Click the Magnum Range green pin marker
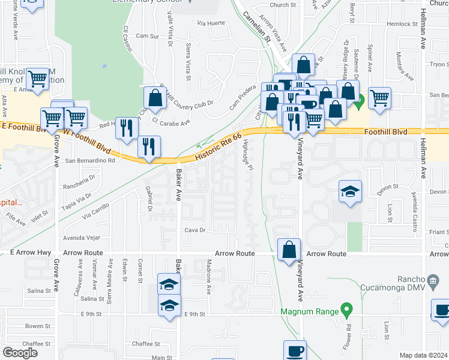click(345, 310)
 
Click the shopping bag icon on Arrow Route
click(289, 249)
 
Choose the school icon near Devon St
click(350, 191)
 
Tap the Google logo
click(20, 353)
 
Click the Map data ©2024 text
click(424, 355)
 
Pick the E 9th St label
click(194, 314)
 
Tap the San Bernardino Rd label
click(90, 161)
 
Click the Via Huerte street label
click(211, 23)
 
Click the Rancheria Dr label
click(80, 178)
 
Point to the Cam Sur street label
click(147, 36)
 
